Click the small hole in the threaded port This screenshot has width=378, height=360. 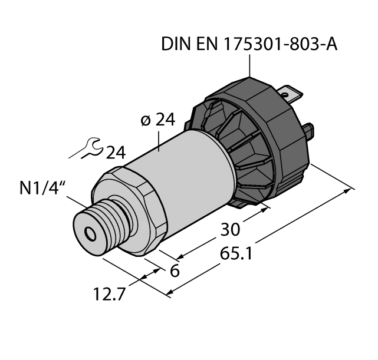[91, 235]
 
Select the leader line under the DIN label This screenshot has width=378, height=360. [251, 65]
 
